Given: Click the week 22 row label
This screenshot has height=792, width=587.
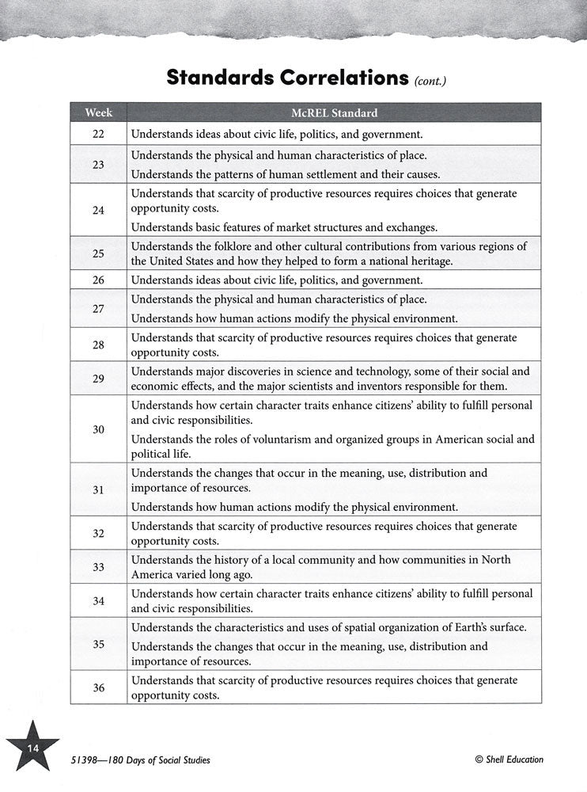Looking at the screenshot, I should click(98, 134).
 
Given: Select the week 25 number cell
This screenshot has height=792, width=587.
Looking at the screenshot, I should click(98, 254).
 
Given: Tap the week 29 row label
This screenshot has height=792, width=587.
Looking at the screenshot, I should click(98, 379).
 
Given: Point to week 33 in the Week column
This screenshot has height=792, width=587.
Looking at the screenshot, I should click(98, 567).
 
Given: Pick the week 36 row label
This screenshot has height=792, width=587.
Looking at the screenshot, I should click(98, 687).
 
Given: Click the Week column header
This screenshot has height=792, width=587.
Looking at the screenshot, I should click(98, 112).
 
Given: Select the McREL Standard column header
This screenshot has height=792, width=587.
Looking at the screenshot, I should click(334, 112).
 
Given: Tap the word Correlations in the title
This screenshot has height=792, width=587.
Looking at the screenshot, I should click(348, 78).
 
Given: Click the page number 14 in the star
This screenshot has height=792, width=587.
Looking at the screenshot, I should click(32, 747).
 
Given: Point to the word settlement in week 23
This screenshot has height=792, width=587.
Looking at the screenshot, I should click(335, 173).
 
